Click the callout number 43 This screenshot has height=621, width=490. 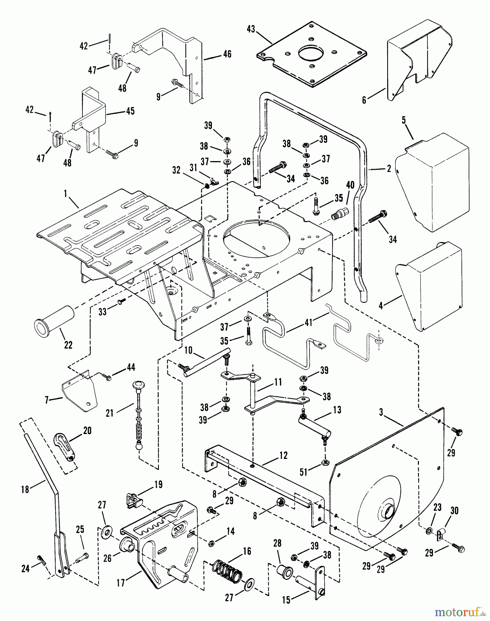click(251, 29)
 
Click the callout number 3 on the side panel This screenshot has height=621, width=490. click(381, 413)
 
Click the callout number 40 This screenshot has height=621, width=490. click(350, 185)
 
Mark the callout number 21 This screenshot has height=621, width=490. click(110, 413)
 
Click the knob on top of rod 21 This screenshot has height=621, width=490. click(138, 385)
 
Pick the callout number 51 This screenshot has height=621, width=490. click(304, 472)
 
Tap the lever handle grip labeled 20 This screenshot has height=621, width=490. click(65, 446)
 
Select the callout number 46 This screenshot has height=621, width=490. click(227, 54)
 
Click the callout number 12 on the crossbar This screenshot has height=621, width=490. click(283, 455)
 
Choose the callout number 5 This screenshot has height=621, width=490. click(404, 120)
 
